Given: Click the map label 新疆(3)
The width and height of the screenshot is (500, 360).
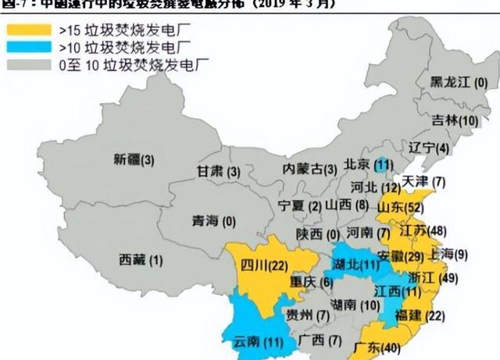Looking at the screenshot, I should coord(134,160).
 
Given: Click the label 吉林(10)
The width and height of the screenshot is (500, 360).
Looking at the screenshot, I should coord(455,120).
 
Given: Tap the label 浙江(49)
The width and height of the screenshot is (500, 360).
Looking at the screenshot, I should coord(437,277).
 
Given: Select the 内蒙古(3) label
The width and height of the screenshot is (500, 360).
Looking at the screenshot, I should coord(309,169).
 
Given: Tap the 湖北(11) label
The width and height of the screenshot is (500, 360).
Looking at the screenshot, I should coord(356,263).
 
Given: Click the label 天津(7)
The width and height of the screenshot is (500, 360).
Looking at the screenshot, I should coord(423,182).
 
